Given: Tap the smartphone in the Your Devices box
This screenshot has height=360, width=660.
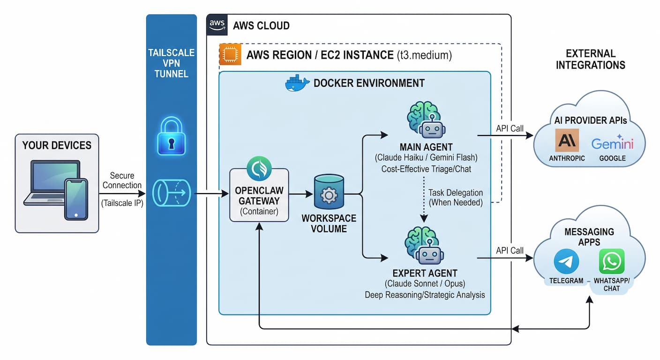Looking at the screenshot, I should point(76,199).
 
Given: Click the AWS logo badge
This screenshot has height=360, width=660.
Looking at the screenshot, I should point(217,24).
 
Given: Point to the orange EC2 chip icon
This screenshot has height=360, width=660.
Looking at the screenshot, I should point(230,54).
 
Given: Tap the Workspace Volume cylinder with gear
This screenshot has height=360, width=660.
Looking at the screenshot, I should point(328,193).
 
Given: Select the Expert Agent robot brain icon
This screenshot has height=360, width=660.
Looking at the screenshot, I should point(424,247).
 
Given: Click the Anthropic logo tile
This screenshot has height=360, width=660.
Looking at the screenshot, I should point(567,140).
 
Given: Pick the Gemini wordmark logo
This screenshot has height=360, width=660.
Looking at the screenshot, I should point(612,143).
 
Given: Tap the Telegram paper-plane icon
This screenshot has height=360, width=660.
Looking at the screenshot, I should point(566,262).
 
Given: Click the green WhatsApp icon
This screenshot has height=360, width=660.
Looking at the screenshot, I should point(612,261).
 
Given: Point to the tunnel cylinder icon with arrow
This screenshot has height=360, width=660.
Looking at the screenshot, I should point(172,193).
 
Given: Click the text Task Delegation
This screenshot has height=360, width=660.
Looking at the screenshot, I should point(455,193).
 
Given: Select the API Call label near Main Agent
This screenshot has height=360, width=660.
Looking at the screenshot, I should point(510,128).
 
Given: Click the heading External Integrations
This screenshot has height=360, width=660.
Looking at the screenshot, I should point(590,59).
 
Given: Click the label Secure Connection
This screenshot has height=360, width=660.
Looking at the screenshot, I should point(122,180).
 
